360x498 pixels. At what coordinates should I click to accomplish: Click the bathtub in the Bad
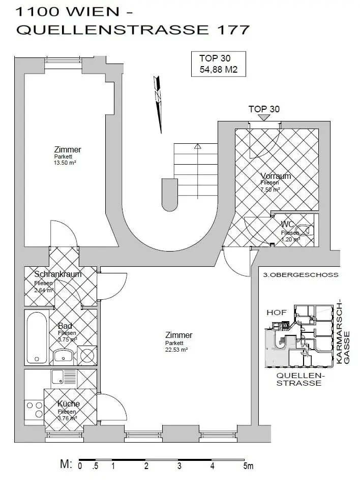(37, 337)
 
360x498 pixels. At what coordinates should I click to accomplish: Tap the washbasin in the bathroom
(64, 355)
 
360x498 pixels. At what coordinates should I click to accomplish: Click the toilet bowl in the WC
(307, 230)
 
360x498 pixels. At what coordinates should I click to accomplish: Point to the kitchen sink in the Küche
(58, 377)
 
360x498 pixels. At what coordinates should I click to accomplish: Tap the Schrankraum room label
(58, 274)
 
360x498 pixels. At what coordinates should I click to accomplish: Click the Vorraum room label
(276, 176)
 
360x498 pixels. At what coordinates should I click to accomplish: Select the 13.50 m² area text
(65, 163)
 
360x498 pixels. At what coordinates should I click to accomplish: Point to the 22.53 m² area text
(176, 350)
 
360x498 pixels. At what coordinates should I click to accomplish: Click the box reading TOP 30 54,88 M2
(218, 64)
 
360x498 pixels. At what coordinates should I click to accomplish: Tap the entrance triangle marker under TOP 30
(264, 117)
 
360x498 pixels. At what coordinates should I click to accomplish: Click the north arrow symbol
(159, 102)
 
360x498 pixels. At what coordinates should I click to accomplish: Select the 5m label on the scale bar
(248, 466)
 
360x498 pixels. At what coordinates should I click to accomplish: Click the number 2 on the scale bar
(146, 466)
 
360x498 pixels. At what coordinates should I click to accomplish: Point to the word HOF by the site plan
(277, 312)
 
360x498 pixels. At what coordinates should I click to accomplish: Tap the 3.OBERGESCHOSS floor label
(301, 275)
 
